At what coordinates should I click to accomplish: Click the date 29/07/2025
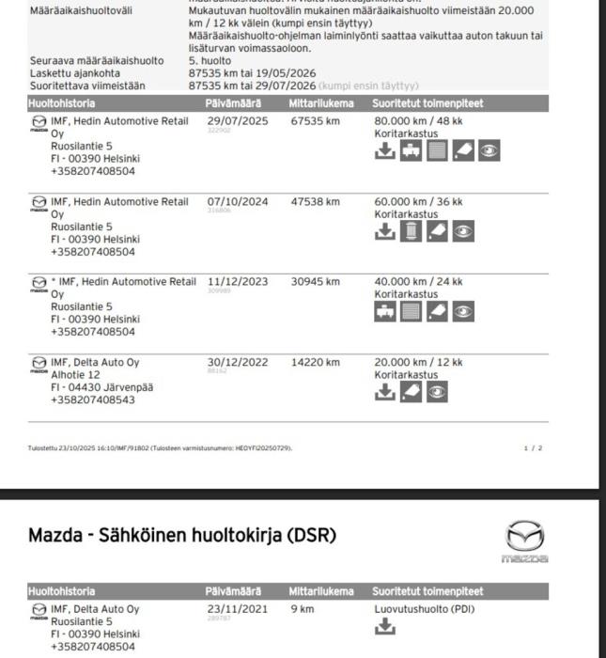[237, 121]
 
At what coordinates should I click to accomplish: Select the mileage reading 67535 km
[315, 121]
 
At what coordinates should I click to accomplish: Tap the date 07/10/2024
[237, 202]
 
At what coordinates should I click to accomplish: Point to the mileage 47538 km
[315, 202]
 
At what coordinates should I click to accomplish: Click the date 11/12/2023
[237, 282]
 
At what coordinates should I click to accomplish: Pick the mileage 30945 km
[315, 282]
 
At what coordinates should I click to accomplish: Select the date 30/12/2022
[237, 363]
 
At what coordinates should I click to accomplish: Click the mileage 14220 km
[315, 363]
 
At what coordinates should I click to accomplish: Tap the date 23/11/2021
[237, 609]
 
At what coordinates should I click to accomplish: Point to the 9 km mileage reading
[302, 609]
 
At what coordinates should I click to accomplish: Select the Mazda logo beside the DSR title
[524, 540]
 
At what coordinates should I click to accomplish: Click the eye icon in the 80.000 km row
[489, 151]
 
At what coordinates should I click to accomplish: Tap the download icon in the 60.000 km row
[384, 231]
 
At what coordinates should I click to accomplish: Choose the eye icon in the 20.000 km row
[437, 392]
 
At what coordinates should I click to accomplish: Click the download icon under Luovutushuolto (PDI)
[384, 628]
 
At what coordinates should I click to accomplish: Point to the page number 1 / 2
[533, 448]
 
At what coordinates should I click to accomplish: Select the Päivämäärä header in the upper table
[233, 103]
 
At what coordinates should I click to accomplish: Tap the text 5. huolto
[210, 61]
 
